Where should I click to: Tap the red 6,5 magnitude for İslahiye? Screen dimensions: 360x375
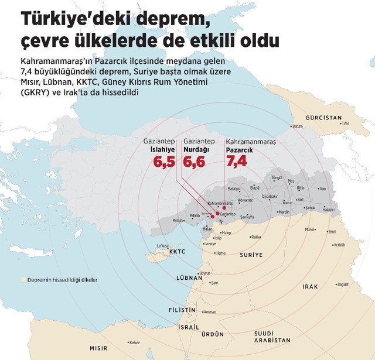point(165,161)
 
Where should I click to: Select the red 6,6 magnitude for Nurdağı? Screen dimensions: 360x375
point(194,161)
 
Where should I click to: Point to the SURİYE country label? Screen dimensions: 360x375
point(252,255)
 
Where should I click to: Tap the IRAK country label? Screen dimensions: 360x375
point(310,287)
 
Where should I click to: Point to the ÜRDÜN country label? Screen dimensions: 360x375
point(213,334)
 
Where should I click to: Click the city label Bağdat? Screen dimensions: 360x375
point(343,284)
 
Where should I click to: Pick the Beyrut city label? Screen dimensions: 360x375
point(204,273)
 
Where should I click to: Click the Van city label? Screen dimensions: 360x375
point(322,189)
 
